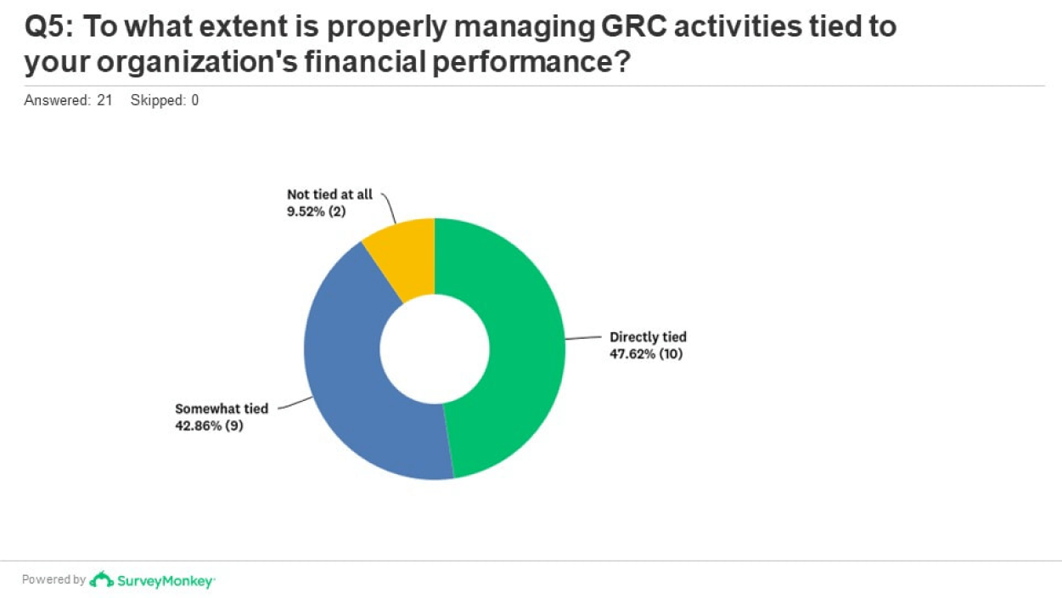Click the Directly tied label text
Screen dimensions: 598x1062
coord(648,337)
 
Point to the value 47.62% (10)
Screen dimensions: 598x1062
coord(646,353)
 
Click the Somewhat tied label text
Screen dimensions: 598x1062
coord(222,409)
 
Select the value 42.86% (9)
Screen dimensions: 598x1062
coord(210,425)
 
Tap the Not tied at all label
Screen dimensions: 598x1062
coord(329,195)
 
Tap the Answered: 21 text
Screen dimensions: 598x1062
coord(68,100)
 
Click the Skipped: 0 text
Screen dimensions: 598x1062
coord(165,100)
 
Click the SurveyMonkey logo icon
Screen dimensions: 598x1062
coord(102,579)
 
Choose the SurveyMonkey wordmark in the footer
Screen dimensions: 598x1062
coord(166,581)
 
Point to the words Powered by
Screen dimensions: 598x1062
coord(53,580)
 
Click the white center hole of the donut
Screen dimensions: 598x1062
coord(435,349)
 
